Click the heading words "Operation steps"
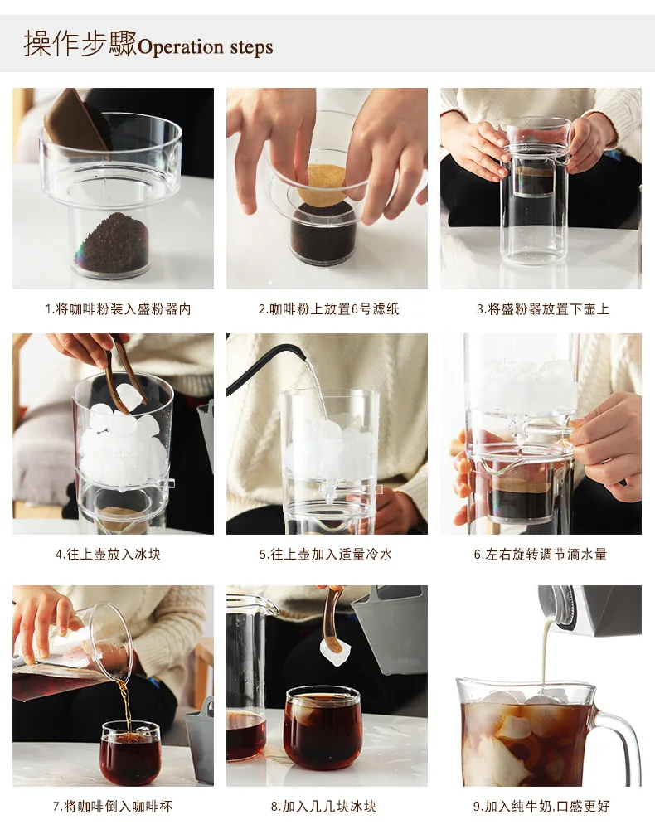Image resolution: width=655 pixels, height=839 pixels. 206,47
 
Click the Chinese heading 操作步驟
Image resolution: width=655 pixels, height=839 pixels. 80,44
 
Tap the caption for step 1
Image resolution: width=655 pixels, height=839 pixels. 118,309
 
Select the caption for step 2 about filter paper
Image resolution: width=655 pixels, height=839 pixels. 328,309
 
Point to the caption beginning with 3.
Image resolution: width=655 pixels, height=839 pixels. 542,309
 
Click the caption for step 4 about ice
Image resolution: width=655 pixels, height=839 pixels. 108,555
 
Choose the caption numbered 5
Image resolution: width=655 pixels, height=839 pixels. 326,555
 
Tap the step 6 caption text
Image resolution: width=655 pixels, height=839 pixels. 541,555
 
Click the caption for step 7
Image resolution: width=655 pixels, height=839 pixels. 113,807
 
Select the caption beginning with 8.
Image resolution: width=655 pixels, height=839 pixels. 323,807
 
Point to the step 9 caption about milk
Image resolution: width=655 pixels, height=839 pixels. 541,807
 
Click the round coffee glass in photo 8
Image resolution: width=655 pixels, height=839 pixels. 323,728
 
